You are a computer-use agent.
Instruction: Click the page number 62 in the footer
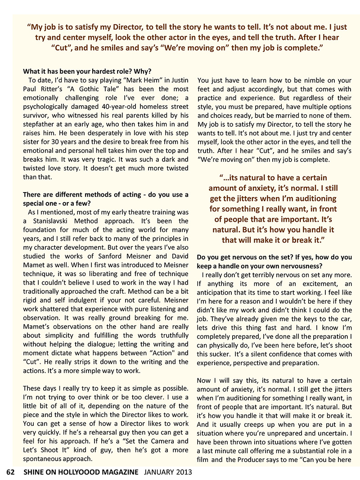click(x=11, y=472)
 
